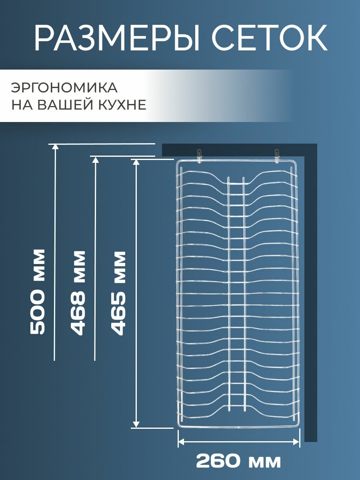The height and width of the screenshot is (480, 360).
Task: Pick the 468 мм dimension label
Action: pos(78,292)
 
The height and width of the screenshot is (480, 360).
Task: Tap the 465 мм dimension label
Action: pos(118,292)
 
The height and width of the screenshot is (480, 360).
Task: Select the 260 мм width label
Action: pos(238,461)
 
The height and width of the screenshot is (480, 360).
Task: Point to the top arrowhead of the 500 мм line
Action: pos(55,146)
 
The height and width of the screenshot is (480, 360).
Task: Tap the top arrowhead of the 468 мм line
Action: pos(95,159)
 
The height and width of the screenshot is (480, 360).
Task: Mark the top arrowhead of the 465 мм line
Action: pos(136,162)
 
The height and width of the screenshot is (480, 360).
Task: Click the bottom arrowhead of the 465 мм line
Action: pos(136,424)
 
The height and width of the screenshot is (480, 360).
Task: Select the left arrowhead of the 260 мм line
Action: pos(181,442)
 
